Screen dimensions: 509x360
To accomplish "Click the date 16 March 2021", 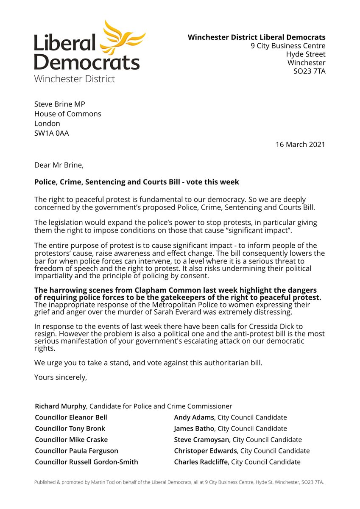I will click(300, 144).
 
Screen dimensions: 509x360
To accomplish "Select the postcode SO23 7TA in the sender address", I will click(310, 71).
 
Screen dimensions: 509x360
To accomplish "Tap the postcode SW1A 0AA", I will click(51, 134).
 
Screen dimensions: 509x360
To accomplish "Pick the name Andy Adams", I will click(194, 417).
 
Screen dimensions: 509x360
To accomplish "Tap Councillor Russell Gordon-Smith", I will click(86, 462).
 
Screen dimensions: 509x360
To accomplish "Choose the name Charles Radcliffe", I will click(201, 462).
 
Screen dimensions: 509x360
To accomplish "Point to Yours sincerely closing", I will click(60, 377).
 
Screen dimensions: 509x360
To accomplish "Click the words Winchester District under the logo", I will click(74, 78).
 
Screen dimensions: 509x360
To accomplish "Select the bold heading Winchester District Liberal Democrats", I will click(257, 37).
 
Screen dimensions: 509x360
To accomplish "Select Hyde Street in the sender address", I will click(306, 54).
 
